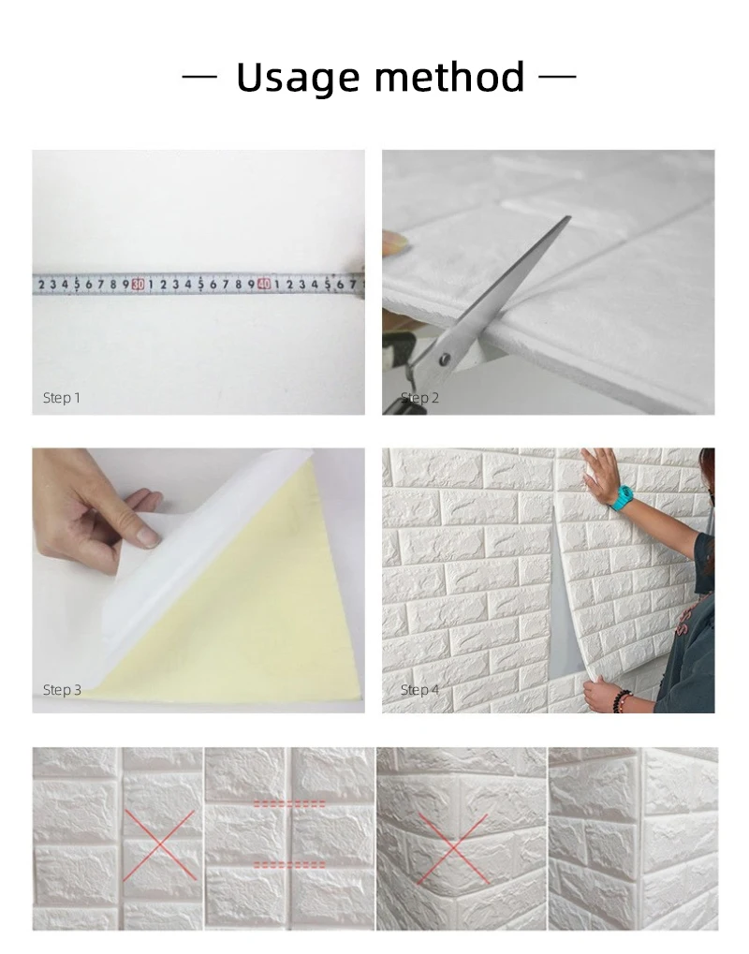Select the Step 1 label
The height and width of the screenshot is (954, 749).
point(62,398)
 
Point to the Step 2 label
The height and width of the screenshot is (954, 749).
point(419,398)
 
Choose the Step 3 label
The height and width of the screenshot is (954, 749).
point(62,690)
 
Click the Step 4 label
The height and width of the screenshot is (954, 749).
point(419,690)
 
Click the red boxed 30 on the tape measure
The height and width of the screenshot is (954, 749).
point(138,284)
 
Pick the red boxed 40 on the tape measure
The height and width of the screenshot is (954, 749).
point(264,284)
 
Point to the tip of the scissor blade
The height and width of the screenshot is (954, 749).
point(567,218)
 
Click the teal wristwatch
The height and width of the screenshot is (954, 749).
point(623,496)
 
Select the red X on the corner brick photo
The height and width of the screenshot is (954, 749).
point(452,848)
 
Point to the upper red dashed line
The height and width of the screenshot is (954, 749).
point(289,803)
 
